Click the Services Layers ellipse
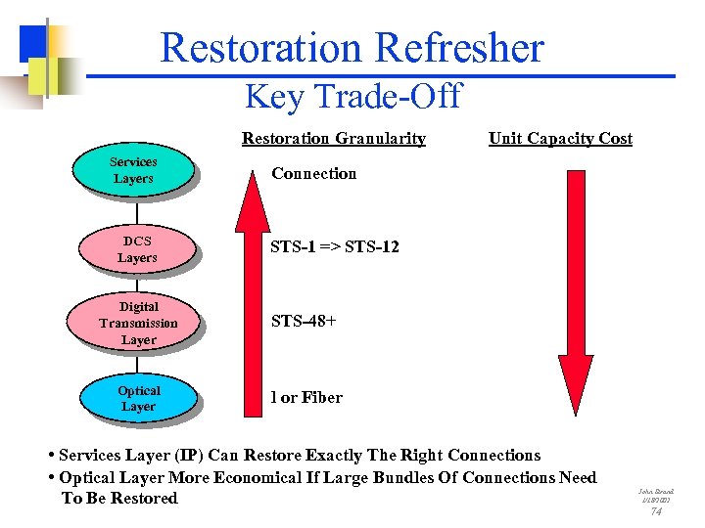click(x=134, y=170)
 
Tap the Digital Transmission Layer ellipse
click(x=138, y=323)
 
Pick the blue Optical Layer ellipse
click(x=138, y=398)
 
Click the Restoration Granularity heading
click(x=333, y=138)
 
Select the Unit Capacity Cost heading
click(x=560, y=138)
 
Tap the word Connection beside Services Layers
click(x=313, y=173)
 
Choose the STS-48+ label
click(x=304, y=320)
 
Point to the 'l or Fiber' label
click(x=306, y=397)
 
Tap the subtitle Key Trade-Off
click(x=352, y=96)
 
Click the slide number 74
click(x=656, y=511)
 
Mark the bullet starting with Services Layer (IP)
click(x=299, y=455)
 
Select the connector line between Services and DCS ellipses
click(x=136, y=210)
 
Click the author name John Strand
click(x=656, y=490)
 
